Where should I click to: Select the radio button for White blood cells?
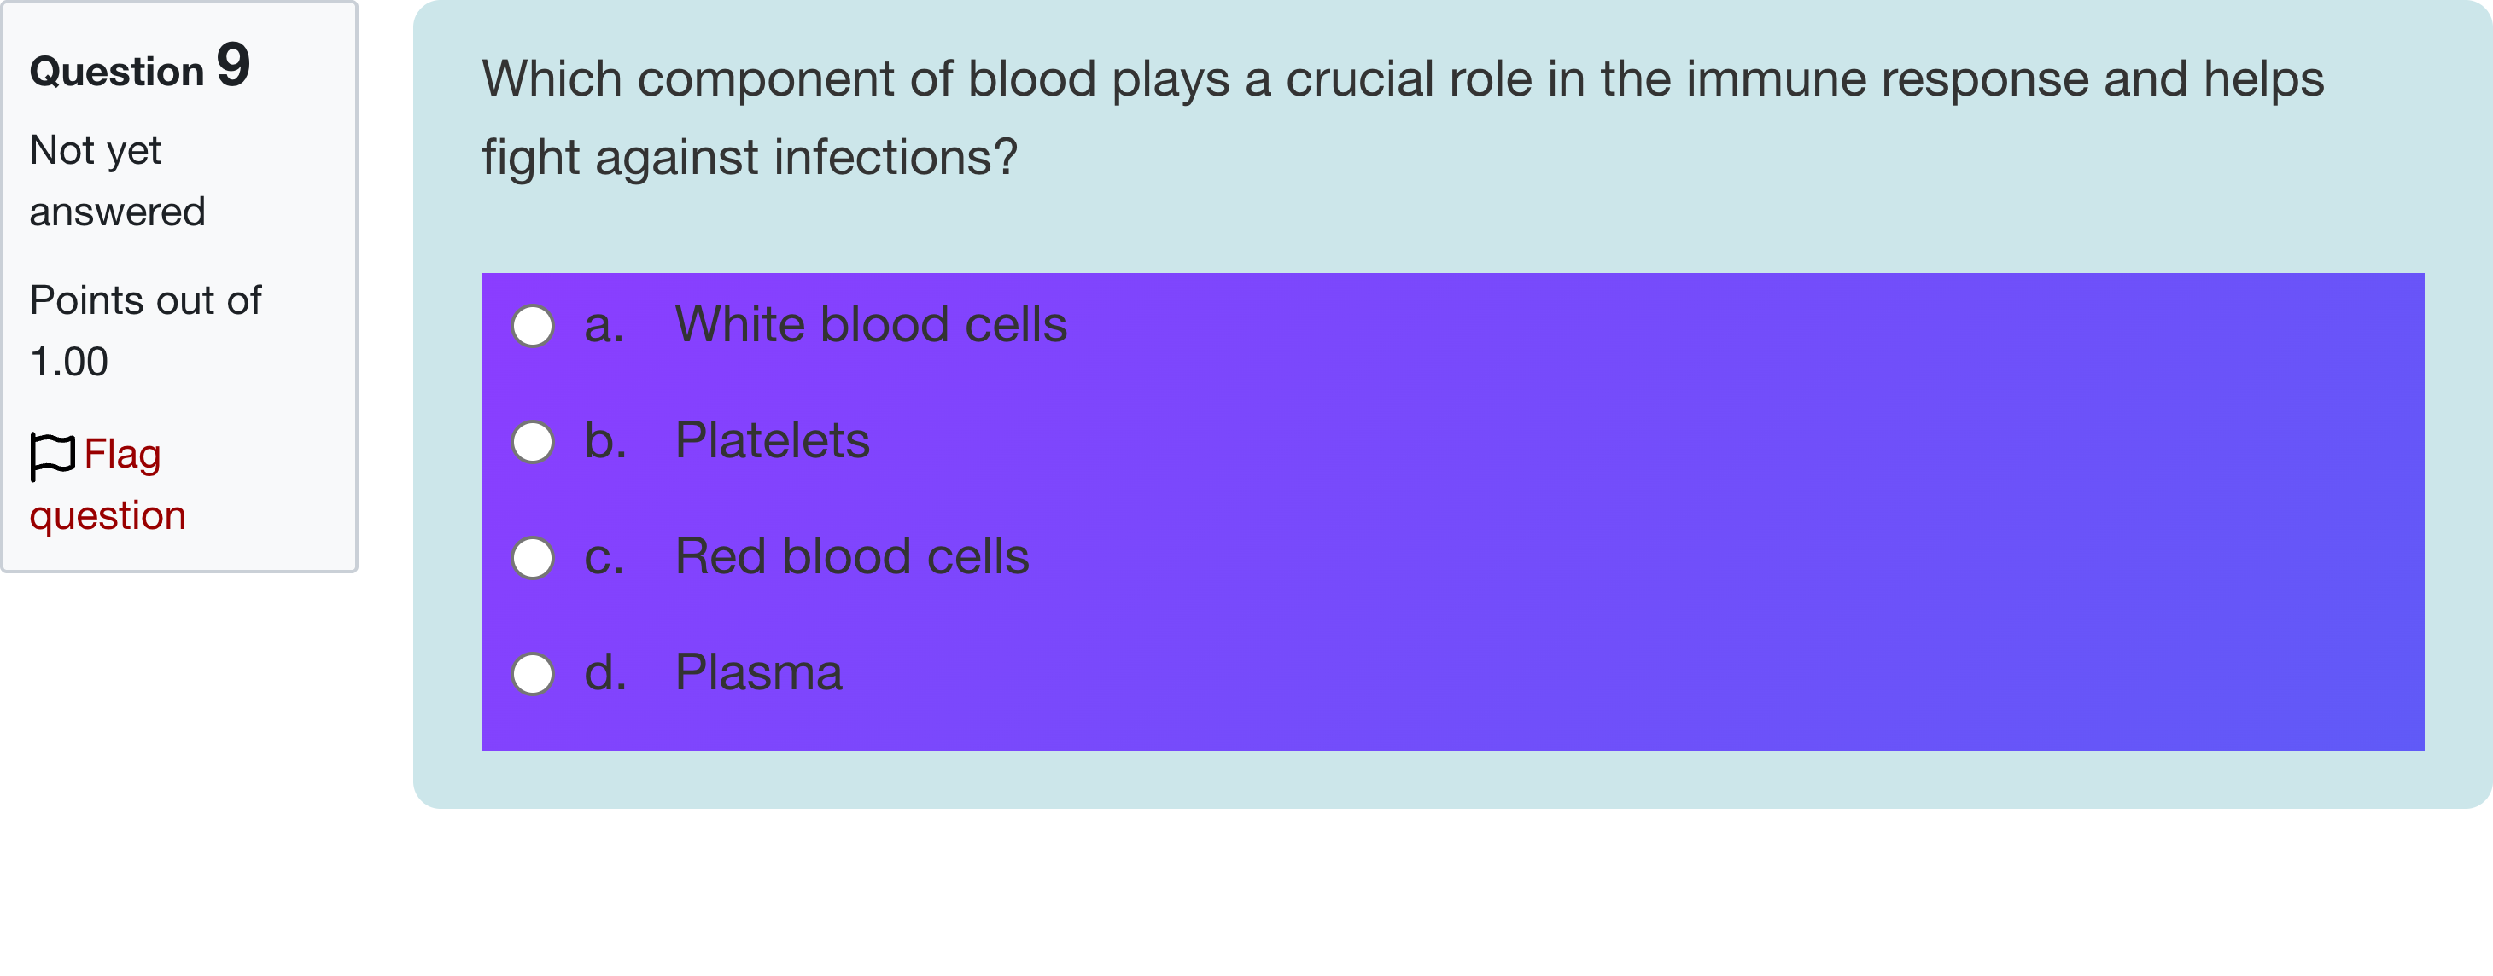point(532,326)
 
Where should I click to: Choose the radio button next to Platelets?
point(532,442)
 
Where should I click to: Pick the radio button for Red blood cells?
point(532,558)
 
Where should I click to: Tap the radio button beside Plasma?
point(532,674)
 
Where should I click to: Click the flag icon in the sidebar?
point(52,456)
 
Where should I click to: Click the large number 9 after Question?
point(233,65)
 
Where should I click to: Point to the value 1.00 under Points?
point(68,362)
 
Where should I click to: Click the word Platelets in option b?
point(771,441)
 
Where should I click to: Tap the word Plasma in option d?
point(758,673)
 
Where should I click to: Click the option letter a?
point(602,326)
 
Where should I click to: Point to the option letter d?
point(604,673)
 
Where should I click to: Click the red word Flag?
point(122,454)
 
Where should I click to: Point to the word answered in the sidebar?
point(117,212)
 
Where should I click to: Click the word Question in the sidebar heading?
point(116,72)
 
